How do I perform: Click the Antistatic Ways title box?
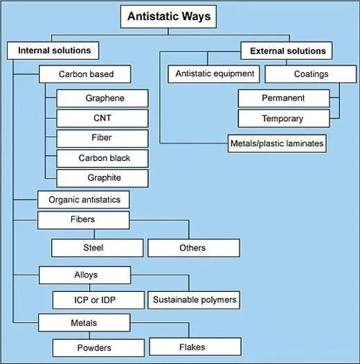168,17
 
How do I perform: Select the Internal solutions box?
53,50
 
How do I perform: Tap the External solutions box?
287,50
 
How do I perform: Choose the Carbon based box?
85,74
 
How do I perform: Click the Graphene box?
102,98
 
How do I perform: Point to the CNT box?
102,118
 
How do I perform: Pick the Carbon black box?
102,159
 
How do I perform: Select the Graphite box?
102,178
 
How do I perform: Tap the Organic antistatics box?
84,200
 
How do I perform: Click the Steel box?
97,248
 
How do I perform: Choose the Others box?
194,248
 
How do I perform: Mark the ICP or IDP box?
99,300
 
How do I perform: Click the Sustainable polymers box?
194,300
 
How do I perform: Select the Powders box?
99,347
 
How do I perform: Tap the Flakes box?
195,347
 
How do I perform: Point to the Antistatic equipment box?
214,74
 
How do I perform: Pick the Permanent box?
284,98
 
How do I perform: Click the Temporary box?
284,118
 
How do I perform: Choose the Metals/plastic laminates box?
277,143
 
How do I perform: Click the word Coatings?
311,74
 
